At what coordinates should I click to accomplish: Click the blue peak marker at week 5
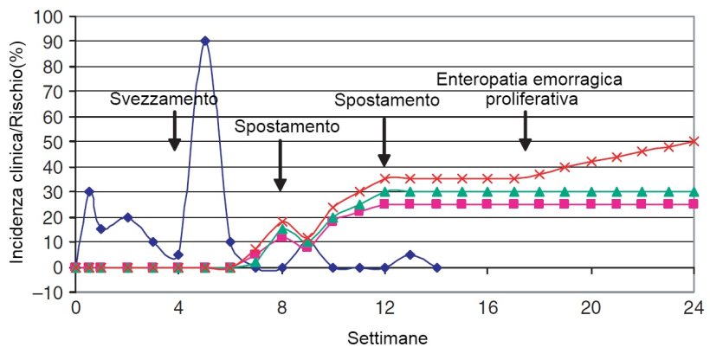click(x=204, y=41)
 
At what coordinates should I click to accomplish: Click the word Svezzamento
click(x=163, y=99)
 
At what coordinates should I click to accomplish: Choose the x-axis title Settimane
click(x=384, y=333)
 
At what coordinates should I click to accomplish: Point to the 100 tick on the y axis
click(x=48, y=16)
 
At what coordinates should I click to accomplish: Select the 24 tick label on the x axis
click(x=693, y=307)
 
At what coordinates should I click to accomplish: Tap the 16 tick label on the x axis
click(x=487, y=307)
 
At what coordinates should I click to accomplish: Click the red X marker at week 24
click(x=694, y=141)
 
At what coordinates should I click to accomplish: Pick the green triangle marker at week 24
click(x=694, y=191)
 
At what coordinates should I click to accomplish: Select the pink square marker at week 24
click(x=694, y=204)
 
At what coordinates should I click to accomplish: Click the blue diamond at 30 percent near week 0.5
click(x=88, y=191)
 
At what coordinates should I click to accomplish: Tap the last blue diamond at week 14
click(x=436, y=267)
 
